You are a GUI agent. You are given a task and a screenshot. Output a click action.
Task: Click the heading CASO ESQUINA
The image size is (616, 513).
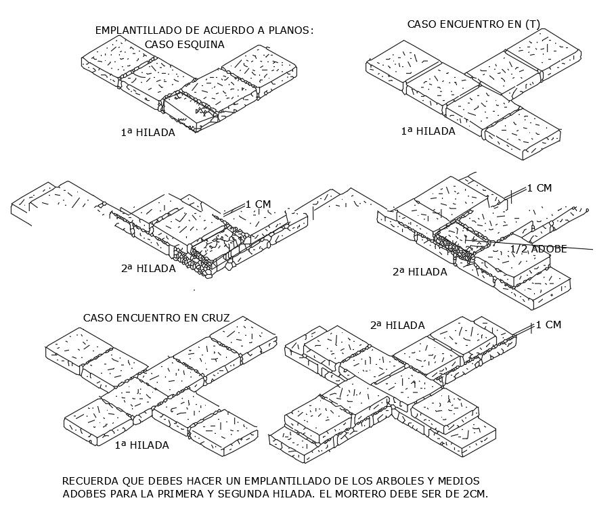click(x=184, y=45)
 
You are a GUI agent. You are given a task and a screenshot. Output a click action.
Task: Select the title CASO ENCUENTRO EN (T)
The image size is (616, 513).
click(x=473, y=24)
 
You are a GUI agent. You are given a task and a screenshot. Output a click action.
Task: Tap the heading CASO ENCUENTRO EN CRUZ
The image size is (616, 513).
click(x=156, y=317)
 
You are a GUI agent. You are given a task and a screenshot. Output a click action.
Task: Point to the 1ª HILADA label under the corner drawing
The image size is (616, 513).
click(x=148, y=133)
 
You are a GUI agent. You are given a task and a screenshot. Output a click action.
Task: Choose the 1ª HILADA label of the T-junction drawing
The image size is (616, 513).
click(x=428, y=131)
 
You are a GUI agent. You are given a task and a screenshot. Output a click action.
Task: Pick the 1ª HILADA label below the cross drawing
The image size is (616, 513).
click(x=141, y=445)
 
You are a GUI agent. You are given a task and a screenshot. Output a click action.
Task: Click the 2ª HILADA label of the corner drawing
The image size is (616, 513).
click(x=148, y=269)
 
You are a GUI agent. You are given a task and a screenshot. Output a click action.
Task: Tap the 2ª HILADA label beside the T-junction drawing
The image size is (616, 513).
click(x=420, y=272)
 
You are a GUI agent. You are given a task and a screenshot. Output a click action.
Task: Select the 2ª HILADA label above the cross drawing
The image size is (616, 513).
click(x=397, y=326)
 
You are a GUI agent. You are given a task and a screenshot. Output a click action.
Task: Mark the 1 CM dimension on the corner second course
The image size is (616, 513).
click(x=258, y=204)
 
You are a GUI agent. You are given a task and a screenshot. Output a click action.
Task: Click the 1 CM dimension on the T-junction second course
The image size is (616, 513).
click(x=539, y=188)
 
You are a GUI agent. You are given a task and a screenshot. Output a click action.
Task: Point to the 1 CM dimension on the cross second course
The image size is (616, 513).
click(x=548, y=325)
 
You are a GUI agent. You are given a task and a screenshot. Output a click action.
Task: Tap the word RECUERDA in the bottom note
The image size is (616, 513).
click(x=89, y=481)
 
